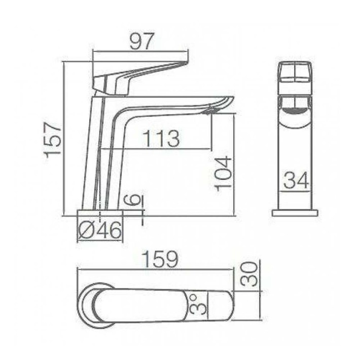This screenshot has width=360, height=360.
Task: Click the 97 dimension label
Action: (141, 41)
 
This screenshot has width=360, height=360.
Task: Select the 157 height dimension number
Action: (53, 140)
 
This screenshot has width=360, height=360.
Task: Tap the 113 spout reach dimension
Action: (161, 138)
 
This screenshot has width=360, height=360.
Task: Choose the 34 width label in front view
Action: (296, 181)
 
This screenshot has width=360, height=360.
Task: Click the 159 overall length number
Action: (160, 260)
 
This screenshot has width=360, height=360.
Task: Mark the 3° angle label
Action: (198, 305)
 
